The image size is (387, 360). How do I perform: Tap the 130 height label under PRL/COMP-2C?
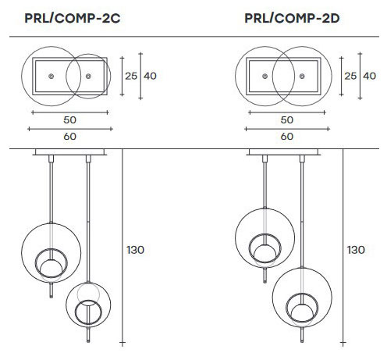135,250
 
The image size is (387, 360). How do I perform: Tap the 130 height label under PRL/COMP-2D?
356,250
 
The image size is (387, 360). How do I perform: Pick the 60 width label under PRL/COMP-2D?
286,136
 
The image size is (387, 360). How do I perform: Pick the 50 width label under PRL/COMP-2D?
286,120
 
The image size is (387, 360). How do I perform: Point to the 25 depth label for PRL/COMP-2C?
131,76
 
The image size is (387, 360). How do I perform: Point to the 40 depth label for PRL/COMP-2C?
151,76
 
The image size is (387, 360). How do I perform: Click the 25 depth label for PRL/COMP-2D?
351,76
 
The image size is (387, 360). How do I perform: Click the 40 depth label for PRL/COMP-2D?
370,76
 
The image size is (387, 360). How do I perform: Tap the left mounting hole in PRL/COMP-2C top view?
51,76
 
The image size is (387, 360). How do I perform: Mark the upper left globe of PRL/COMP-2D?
264,234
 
